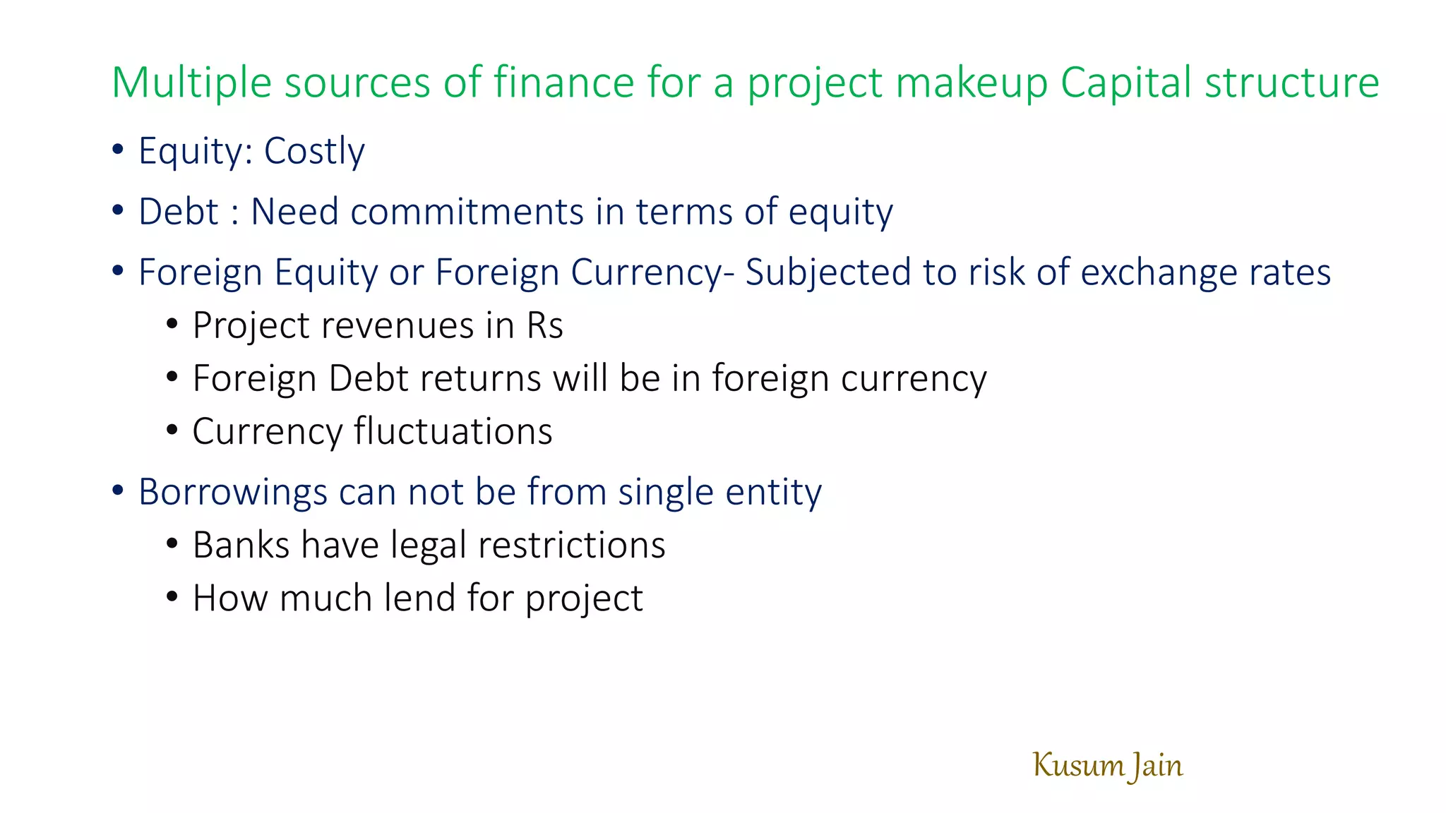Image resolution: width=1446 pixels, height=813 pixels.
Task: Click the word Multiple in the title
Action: click(191, 83)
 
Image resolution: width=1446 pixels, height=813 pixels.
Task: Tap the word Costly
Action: click(314, 151)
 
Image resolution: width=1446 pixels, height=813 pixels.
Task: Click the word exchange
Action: click(1159, 272)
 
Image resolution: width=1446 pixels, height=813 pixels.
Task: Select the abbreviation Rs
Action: click(544, 325)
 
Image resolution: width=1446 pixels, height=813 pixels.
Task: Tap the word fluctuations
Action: click(453, 431)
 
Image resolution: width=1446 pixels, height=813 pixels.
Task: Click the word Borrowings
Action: click(232, 492)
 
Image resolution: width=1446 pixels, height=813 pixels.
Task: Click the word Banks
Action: click(241, 545)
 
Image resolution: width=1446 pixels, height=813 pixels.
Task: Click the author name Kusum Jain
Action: click(1107, 766)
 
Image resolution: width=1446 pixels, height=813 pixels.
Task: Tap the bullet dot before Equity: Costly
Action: click(118, 150)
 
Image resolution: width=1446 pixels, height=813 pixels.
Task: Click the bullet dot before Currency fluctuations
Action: click(172, 430)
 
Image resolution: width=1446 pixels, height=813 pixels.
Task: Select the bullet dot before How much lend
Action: click(172, 597)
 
